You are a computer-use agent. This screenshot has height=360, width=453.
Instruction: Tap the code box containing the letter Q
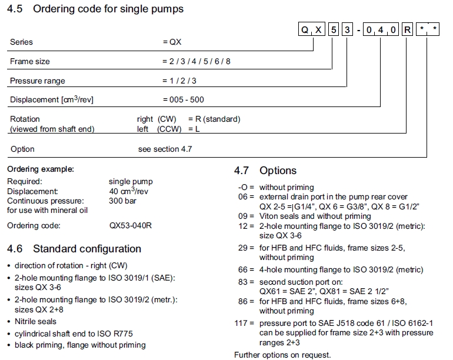pyautogui.click(x=305, y=29)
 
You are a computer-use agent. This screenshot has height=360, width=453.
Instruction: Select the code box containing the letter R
pyautogui.click(x=408, y=29)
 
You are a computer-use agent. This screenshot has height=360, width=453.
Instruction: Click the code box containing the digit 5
pyautogui.click(x=334, y=29)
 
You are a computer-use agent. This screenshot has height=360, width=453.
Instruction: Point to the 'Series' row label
pyautogui.click(x=21, y=42)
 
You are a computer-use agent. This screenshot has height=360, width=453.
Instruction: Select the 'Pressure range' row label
pyautogui.click(x=38, y=81)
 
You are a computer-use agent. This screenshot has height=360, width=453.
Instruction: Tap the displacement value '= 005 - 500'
pyautogui.click(x=184, y=99)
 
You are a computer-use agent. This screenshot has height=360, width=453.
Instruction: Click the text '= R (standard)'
pyautogui.click(x=214, y=119)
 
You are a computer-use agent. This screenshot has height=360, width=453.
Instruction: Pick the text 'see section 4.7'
pyautogui.click(x=165, y=149)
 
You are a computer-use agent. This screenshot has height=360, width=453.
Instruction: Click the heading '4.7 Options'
pyautogui.click(x=265, y=171)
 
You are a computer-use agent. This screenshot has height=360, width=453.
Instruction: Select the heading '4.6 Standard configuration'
pyautogui.click(x=74, y=249)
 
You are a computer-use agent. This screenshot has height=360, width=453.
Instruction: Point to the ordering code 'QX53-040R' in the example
pyautogui.click(x=131, y=225)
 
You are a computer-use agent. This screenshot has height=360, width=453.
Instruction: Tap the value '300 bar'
pyautogui.click(x=123, y=201)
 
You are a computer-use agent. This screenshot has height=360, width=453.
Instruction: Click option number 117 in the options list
pyautogui.click(x=242, y=324)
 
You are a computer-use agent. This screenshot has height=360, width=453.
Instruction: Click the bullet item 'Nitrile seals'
pyautogui.click(x=35, y=321)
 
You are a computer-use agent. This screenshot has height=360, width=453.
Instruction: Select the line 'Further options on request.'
pyautogui.click(x=282, y=355)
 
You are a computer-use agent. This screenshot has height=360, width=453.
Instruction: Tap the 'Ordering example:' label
pyautogui.click(x=41, y=169)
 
